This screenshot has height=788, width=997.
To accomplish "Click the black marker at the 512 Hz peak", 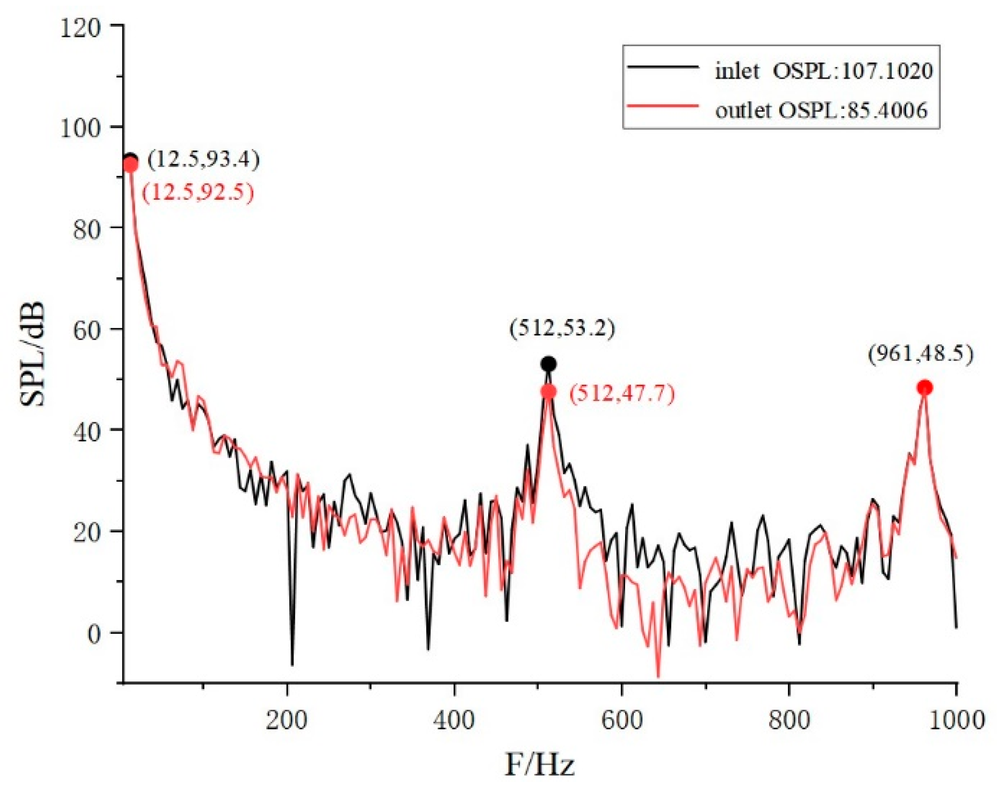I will [548, 364].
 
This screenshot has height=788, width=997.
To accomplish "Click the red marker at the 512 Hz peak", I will [548, 392].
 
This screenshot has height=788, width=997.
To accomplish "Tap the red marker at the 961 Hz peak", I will [924, 388].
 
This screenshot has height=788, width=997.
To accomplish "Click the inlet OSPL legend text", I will [823, 71].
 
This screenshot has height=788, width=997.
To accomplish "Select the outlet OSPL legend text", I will [821, 110].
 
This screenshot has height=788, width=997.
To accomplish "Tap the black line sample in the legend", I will [663, 67].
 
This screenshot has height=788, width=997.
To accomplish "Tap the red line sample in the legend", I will [663, 106].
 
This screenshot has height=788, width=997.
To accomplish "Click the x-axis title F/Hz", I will [539, 765].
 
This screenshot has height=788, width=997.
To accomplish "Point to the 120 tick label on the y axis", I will [80, 29].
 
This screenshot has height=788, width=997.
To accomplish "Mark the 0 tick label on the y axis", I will [93, 635].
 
